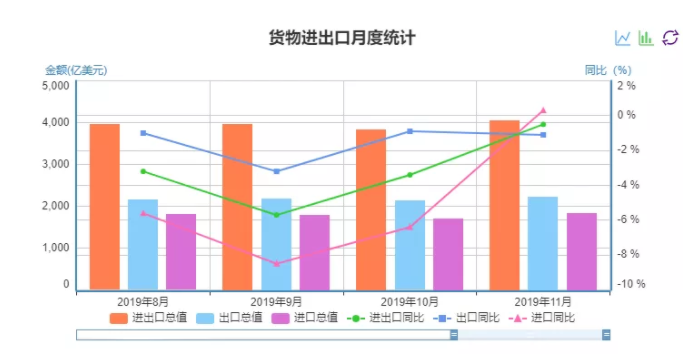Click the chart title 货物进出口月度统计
341,38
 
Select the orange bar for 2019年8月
105,206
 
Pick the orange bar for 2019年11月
505,204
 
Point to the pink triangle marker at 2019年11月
543,110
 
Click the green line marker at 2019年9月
276,214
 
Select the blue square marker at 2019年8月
143,133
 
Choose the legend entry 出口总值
230,317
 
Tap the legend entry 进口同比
546,317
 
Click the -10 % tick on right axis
630,285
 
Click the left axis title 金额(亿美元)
76,70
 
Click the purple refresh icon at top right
670,38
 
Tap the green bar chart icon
646,38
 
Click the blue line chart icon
623,38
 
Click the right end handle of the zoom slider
606,335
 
